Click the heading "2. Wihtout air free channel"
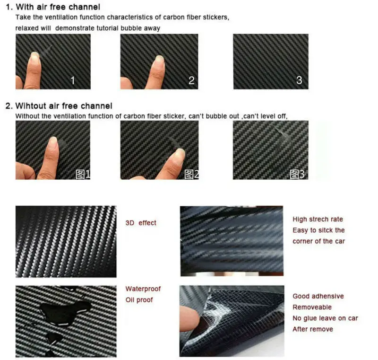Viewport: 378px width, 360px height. tap(59, 106)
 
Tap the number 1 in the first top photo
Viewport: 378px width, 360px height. tap(72, 80)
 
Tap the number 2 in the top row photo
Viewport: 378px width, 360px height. tap(191, 80)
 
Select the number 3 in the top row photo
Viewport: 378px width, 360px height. tap(299, 80)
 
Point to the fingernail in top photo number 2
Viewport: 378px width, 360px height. tap(159, 60)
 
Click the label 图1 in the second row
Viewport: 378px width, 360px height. tap(83, 174)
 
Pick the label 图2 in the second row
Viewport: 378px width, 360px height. tap(191, 174)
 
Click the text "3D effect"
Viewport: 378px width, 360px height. tap(141, 223)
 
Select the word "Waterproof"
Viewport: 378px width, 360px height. tap(143, 289)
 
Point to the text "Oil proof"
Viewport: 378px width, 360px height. tap(139, 299)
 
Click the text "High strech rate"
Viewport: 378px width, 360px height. tap(318, 220)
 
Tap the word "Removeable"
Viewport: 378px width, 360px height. tap(312, 307)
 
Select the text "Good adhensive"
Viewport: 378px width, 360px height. tap(318, 296)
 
